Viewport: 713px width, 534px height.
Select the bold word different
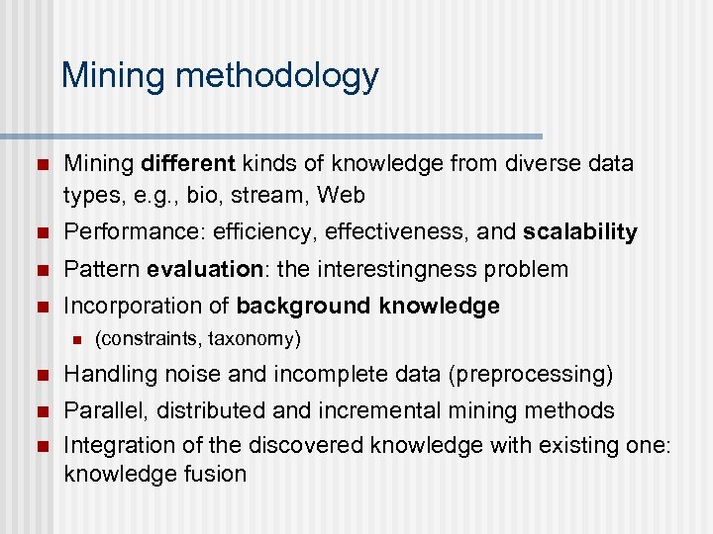189,162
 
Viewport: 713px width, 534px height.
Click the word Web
343,195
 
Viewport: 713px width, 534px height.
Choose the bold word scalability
580,232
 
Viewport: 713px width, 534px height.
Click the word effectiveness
390,232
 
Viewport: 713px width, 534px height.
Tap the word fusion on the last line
213,474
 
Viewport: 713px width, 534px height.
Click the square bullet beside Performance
39,233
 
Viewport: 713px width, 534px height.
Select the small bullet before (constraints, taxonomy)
72,340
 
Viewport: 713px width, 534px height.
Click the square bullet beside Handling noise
39,376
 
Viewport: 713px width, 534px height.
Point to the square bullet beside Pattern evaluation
39,270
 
